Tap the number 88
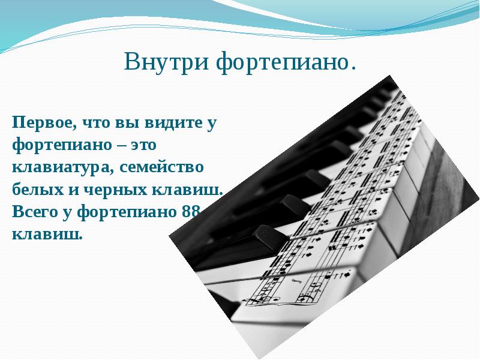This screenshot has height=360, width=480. tap(193, 211)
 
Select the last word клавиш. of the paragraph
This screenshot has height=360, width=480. tap(47, 233)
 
